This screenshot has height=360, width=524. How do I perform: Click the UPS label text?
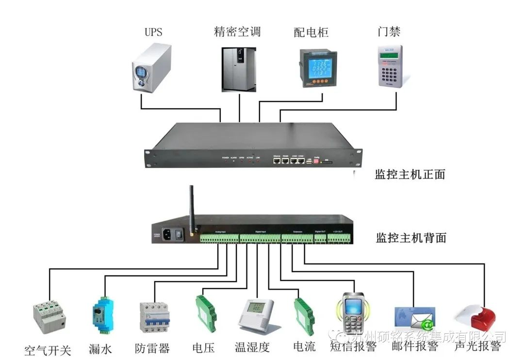[x=153, y=33]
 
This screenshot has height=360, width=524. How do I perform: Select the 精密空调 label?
[x=237, y=32]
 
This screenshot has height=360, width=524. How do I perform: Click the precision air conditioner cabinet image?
[x=239, y=68]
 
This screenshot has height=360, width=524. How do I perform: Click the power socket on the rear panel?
[x=166, y=235]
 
